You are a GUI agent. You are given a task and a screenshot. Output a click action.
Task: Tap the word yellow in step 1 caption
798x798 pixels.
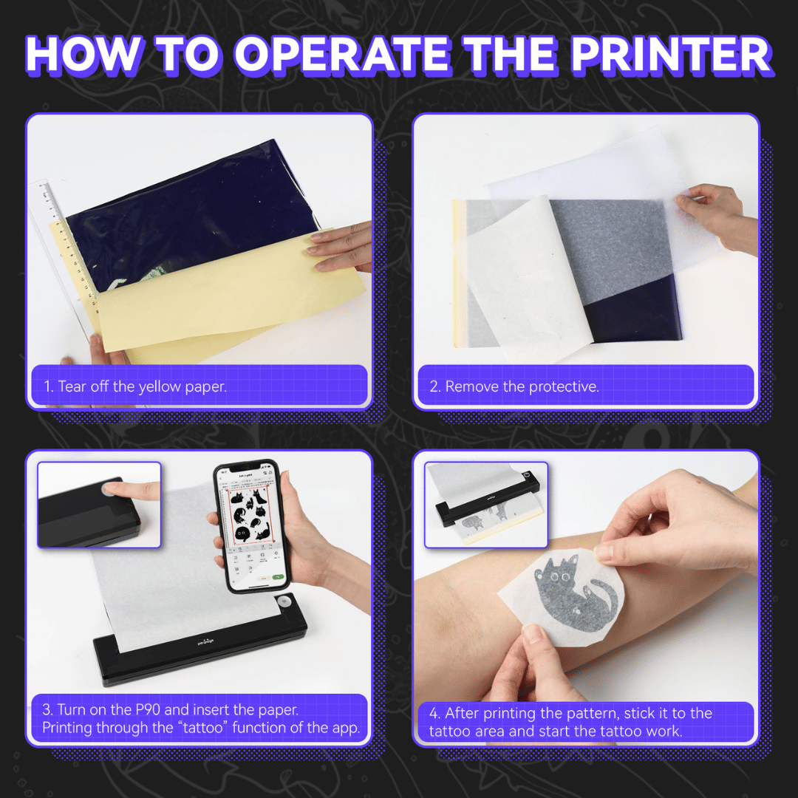coord(161,386)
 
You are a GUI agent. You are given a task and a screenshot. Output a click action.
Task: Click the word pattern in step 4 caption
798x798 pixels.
coord(588,713)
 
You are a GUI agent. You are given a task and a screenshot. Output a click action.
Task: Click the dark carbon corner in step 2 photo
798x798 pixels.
coord(635,314)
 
